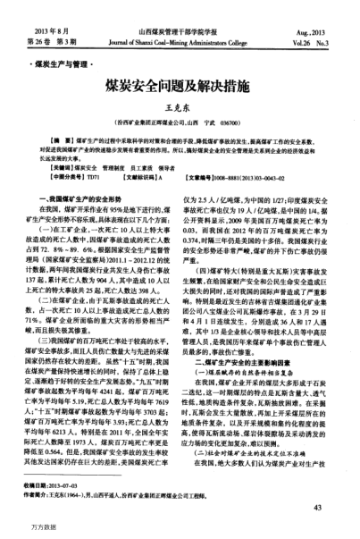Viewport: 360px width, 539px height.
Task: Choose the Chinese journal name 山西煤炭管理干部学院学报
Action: pos(179,31)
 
